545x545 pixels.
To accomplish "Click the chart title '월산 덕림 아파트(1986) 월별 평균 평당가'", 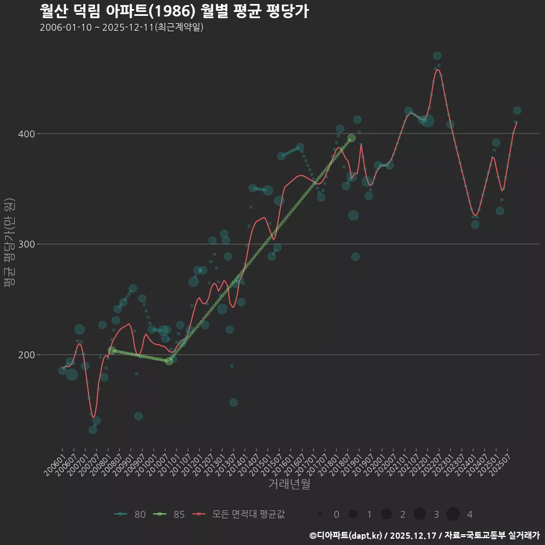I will click(x=174, y=11).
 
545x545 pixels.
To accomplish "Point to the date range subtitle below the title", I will click(x=121, y=27).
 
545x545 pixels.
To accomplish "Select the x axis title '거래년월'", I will click(x=289, y=484).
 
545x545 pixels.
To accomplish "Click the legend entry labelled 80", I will click(x=130, y=514).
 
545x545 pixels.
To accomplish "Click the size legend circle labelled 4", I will click(x=452, y=514).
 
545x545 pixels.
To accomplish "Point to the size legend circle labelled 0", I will click(x=320, y=514).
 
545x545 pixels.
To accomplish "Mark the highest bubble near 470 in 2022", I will click(x=437, y=56).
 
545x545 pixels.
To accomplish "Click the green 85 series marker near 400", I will click(x=351, y=138).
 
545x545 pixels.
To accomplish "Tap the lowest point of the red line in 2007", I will click(x=93, y=418).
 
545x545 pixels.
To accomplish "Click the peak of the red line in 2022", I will click(x=437, y=70).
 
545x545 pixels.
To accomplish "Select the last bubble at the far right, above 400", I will click(x=517, y=111).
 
